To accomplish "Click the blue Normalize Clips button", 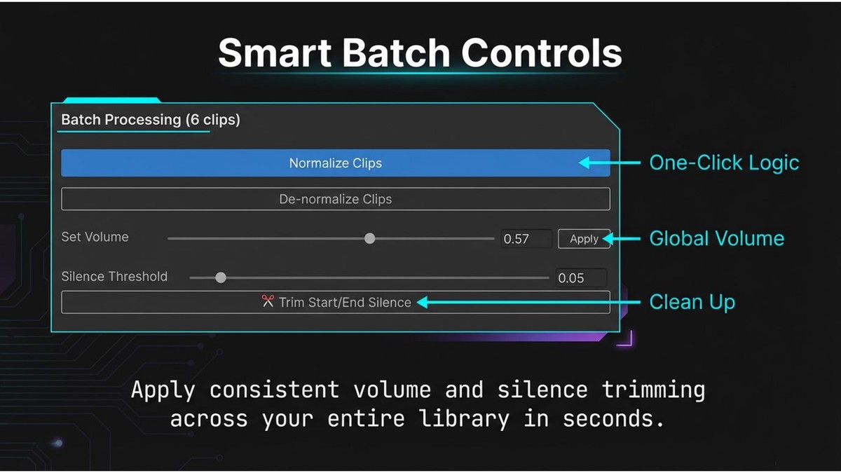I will coord(335,163).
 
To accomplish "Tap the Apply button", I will coord(584,239).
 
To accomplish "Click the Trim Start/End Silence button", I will coord(335,303).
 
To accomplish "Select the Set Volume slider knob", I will coord(370,238).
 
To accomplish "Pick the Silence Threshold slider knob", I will coord(221,277).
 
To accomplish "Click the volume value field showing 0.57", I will coord(526,239).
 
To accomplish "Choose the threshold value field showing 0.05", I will coord(580,278).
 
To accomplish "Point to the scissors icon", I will coord(268,302).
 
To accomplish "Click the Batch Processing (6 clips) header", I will coord(151,120).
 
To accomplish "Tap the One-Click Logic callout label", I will coord(724,163).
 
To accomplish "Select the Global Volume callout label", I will coord(716,239).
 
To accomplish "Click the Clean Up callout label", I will coord(692,303).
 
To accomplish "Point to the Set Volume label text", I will coord(95,237).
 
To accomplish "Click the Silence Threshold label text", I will coord(114,276).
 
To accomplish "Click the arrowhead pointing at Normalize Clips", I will coord(583,163).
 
